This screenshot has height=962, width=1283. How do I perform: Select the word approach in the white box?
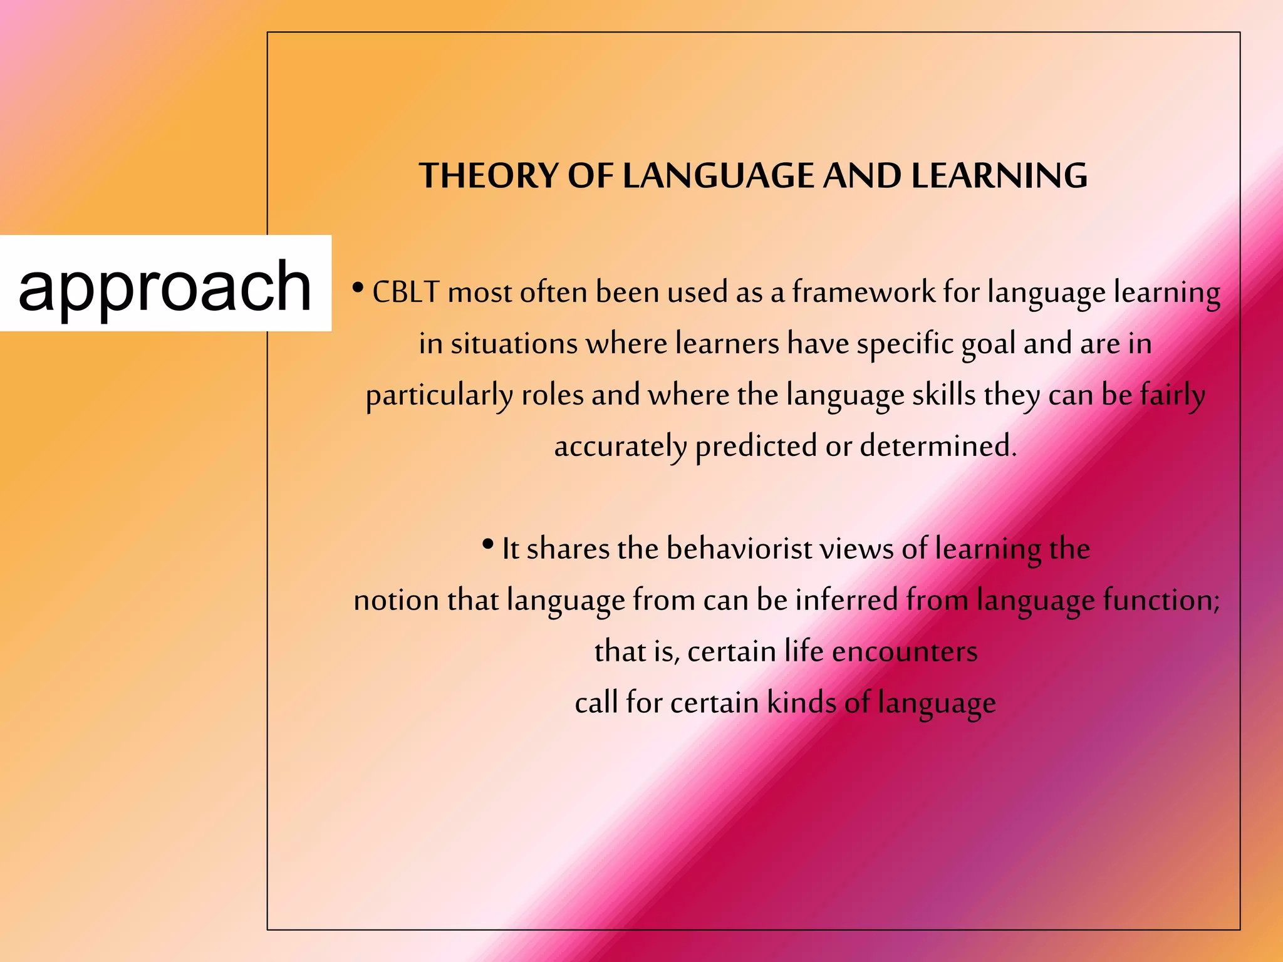click(165, 286)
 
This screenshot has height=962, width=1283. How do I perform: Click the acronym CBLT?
click(405, 292)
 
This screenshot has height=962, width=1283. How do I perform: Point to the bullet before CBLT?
click(358, 288)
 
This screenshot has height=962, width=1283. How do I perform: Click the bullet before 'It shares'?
click(488, 544)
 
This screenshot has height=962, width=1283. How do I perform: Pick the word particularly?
click(439, 396)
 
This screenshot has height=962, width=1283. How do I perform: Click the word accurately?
click(620, 447)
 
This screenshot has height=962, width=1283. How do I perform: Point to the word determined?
click(937, 447)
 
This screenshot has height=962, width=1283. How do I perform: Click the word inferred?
click(846, 601)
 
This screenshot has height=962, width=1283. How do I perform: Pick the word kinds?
click(801, 703)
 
